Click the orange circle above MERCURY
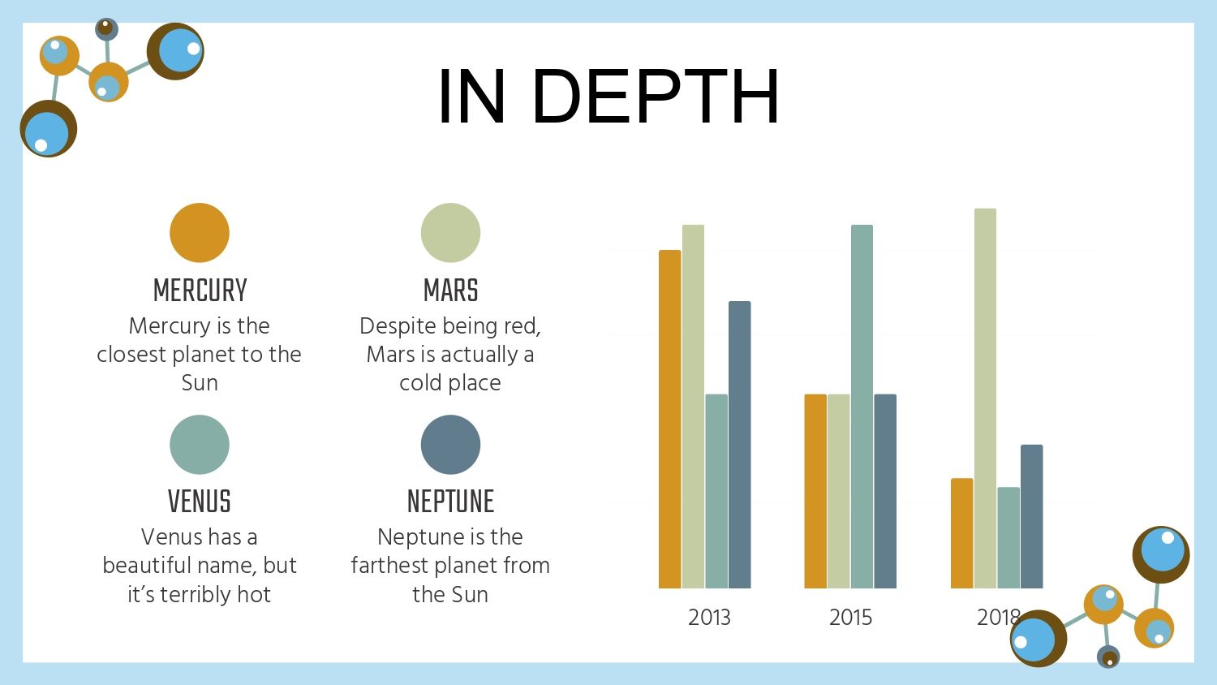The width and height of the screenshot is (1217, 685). coord(200,233)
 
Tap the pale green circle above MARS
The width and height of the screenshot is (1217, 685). coord(450,233)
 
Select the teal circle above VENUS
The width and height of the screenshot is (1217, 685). coord(200,445)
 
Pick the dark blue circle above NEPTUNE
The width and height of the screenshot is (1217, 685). coord(450,445)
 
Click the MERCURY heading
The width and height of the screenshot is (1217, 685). coord(200,290)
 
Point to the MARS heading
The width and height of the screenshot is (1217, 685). coord(451,290)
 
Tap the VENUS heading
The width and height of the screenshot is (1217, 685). coord(200,501)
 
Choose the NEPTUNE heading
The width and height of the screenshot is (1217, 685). coord(450,501)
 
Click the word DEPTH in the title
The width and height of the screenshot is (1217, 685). coord(656,97)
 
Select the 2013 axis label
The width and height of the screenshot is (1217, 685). coord(709,618)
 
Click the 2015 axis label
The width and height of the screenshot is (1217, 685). coord(850,618)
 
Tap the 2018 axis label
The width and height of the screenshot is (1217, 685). coord(998,618)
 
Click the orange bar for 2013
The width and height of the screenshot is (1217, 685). coord(670,419)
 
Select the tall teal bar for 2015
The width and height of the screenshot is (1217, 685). coord(862,407)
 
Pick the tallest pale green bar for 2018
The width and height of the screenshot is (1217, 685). coord(985,399)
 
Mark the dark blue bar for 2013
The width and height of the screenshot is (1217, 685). coord(739,445)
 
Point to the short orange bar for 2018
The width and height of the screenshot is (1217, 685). coord(961,533)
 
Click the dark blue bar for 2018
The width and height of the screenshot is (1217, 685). coord(1032,516)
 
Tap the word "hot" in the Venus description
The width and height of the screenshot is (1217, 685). coord(254,594)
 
